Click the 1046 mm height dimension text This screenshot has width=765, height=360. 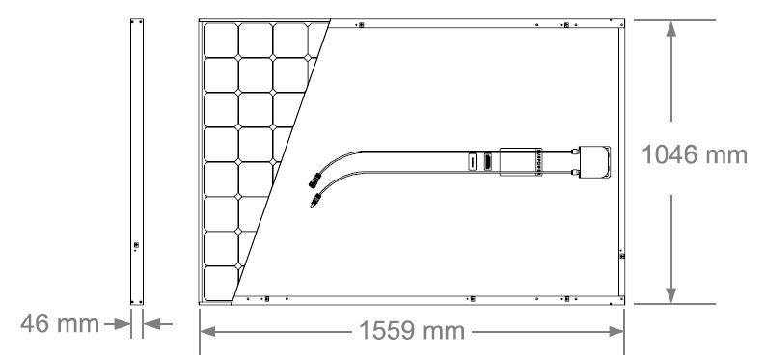tap(695, 155)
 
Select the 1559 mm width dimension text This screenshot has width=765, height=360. tap(412, 331)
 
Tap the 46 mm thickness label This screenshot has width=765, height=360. tap(60, 324)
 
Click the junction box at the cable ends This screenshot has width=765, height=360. tap(594, 161)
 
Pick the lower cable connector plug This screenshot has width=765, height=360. tap(315, 200)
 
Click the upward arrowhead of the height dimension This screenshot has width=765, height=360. tap(671, 29)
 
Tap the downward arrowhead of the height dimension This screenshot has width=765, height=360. tap(671, 294)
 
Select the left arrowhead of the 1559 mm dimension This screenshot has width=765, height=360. tap(207, 332)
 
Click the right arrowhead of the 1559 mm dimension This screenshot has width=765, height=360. tap(616, 332)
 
